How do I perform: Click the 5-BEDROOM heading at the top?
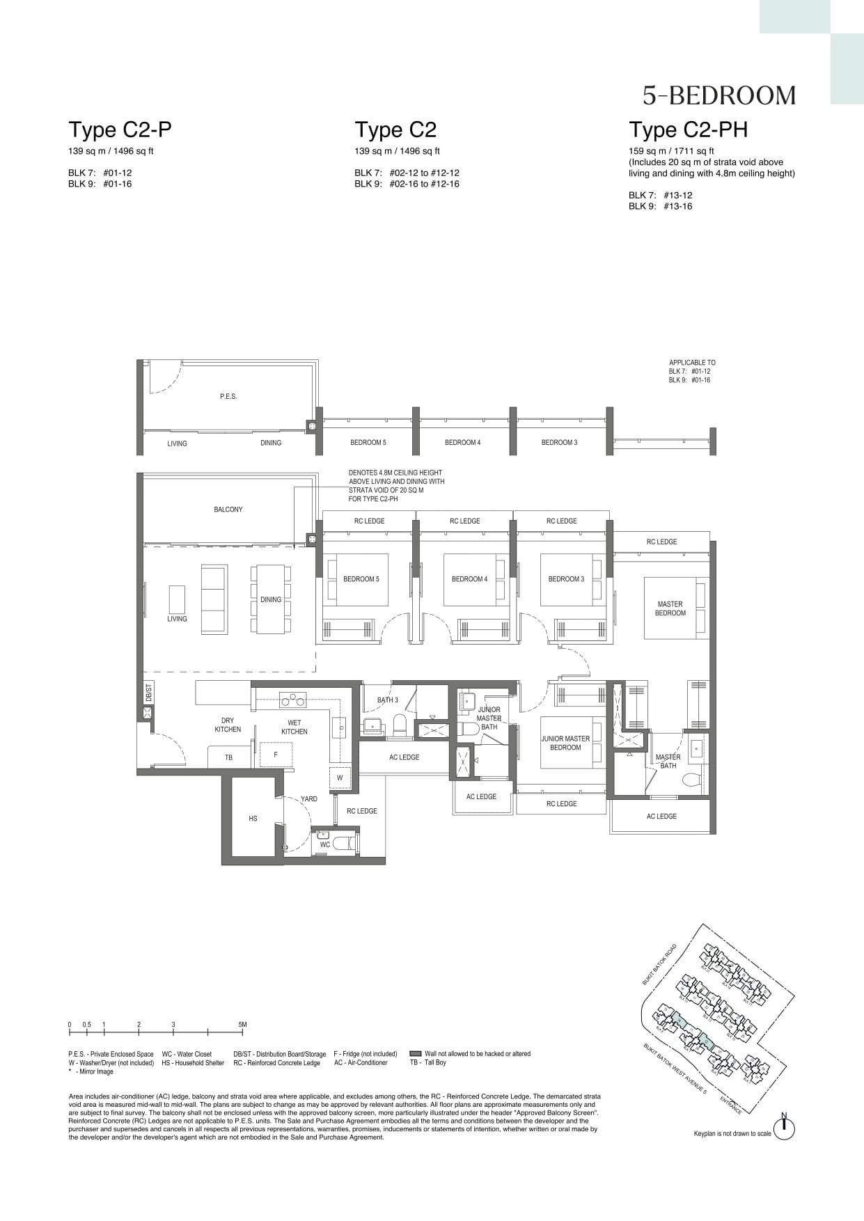[x=718, y=95]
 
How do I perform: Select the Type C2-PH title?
[x=688, y=129]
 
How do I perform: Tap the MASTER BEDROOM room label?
[x=670, y=608]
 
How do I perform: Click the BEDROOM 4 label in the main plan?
[x=469, y=579]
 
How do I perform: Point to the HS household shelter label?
[x=253, y=819]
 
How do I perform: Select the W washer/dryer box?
[x=340, y=778]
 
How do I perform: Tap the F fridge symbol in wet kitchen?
[x=276, y=755]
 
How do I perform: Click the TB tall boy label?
[x=228, y=757]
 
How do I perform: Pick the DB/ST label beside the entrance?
[x=148, y=693]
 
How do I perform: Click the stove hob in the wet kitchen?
[x=292, y=699]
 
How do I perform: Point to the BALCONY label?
[x=228, y=510]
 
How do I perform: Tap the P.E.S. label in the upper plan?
[x=228, y=396]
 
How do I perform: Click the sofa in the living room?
[x=214, y=599]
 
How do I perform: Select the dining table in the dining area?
[x=271, y=599]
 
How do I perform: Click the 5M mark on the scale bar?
[x=242, y=1025]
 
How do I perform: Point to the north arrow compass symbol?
[x=784, y=1128]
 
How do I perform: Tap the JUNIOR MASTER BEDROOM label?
[x=565, y=743]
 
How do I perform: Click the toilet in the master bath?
[x=691, y=779]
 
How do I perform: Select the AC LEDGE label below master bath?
[x=661, y=816]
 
